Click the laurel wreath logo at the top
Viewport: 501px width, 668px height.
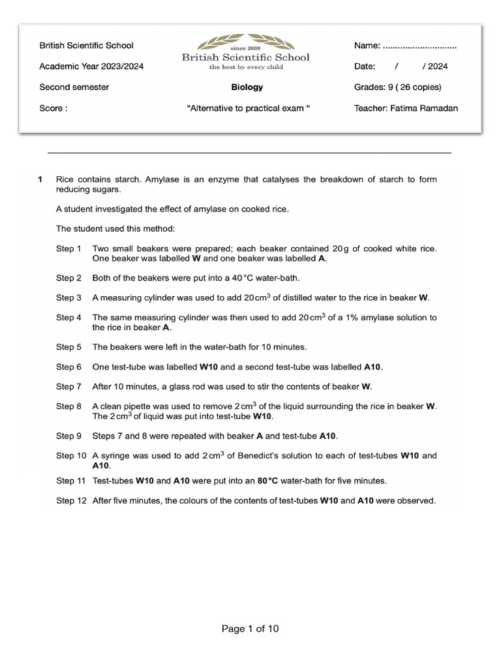coord(247,42)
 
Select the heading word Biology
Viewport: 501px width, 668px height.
coord(247,87)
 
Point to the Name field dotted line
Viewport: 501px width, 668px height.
coord(419,46)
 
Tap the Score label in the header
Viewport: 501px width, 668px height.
coord(53,108)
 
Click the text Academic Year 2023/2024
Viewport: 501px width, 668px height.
coord(91,67)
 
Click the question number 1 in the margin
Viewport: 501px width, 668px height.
coord(40,179)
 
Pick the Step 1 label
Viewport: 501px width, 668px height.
coord(68,249)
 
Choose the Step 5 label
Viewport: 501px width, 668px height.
coord(68,347)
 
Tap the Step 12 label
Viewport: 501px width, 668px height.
coord(70,501)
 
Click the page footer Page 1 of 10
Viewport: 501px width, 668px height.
coord(250,629)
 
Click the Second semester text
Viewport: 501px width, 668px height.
coord(74,87)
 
